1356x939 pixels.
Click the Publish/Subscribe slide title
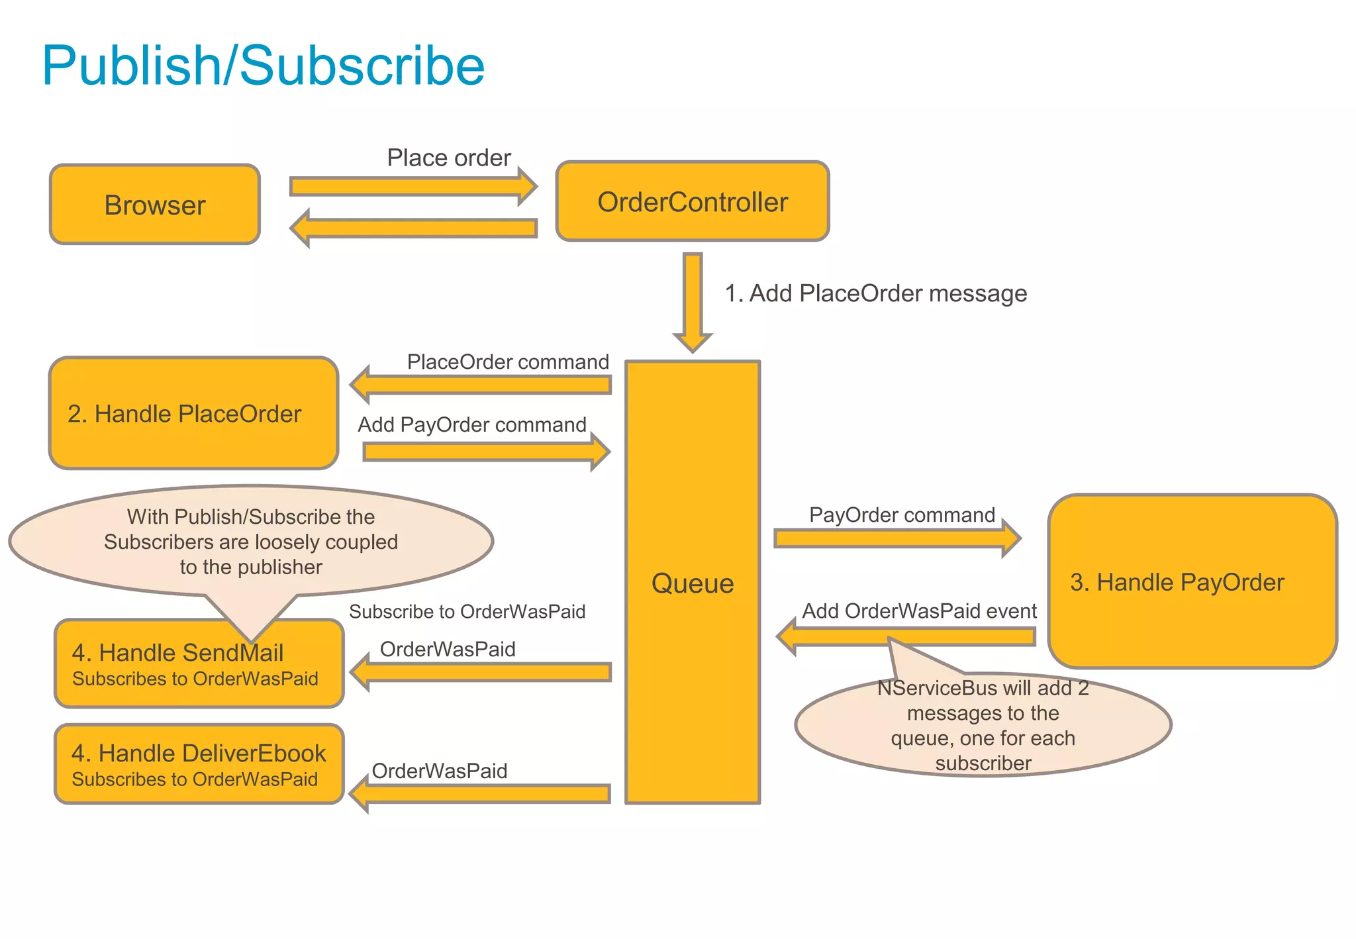pyautogui.click(x=263, y=66)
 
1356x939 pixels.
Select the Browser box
pyautogui.click(x=155, y=205)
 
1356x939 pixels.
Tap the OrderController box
pyautogui.click(x=692, y=202)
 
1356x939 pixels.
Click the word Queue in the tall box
pyautogui.click(x=692, y=583)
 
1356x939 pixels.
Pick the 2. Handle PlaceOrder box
pyautogui.click(x=193, y=414)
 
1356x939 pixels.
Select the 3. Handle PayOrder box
pyautogui.click(x=1192, y=581)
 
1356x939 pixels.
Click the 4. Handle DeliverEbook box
pyautogui.click(x=199, y=764)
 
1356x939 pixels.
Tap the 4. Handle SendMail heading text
pyautogui.click(x=177, y=653)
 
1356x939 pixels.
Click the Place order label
pyautogui.click(x=449, y=158)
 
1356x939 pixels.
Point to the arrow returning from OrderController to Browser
pyautogui.click(x=414, y=228)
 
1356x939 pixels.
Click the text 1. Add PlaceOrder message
pyautogui.click(x=875, y=293)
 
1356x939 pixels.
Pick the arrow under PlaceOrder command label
pyautogui.click(x=480, y=385)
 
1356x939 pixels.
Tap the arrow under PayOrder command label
pyautogui.click(x=896, y=538)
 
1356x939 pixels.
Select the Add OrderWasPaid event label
pyautogui.click(x=919, y=611)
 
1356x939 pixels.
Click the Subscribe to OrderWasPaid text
pyautogui.click(x=467, y=612)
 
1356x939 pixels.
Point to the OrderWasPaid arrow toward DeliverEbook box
pyautogui.click(x=480, y=793)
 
